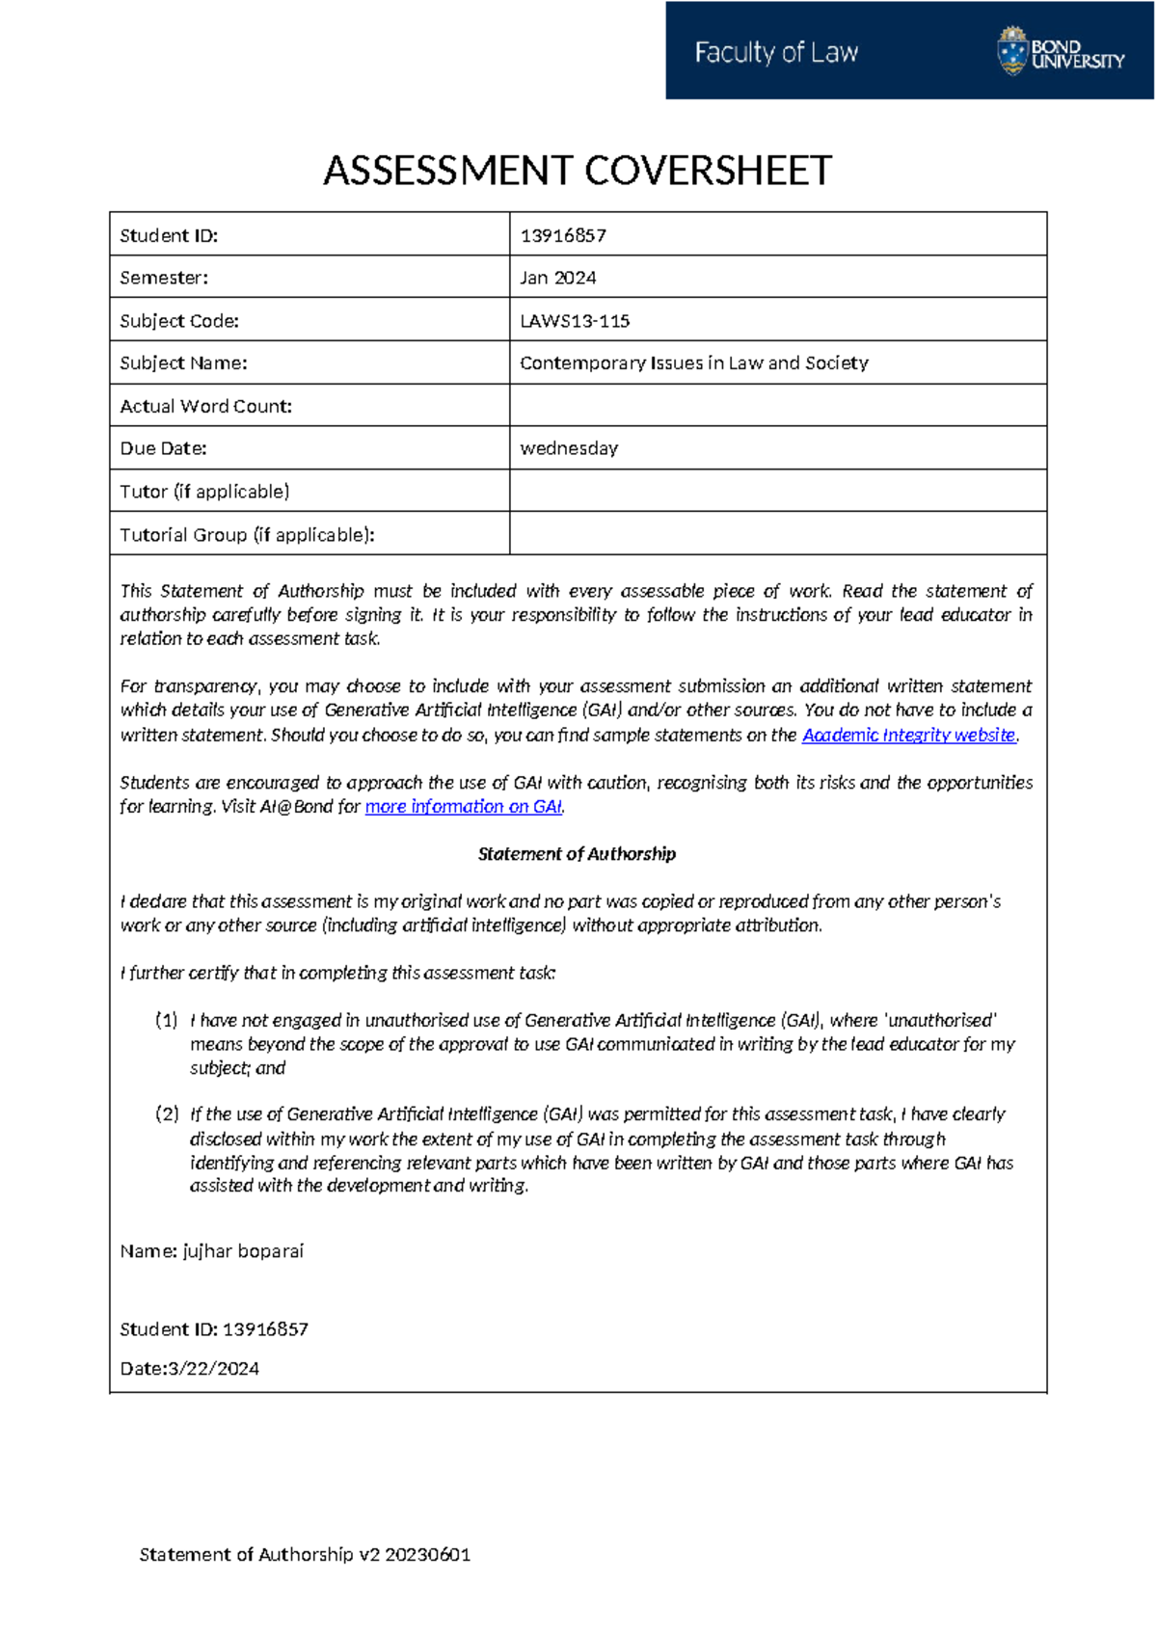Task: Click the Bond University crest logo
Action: [1012, 51]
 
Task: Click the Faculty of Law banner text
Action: [776, 52]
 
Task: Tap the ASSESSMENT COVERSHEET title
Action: [578, 171]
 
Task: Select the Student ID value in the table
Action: [563, 235]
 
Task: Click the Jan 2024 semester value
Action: [558, 278]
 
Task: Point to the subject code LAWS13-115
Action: [575, 321]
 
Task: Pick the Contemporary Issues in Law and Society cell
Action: [694, 363]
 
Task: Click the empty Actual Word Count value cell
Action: [777, 406]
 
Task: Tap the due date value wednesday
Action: [569, 448]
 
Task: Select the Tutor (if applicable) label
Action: [204, 492]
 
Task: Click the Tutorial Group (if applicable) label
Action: [247, 535]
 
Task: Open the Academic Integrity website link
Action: [908, 735]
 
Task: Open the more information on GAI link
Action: [463, 807]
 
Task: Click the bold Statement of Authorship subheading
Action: [577, 854]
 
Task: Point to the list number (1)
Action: [167, 1020]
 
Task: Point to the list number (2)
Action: [167, 1114]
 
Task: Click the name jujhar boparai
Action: [243, 1251]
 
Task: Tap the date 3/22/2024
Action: [213, 1369]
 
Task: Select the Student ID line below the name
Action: [214, 1329]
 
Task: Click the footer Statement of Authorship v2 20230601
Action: [305, 1554]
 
